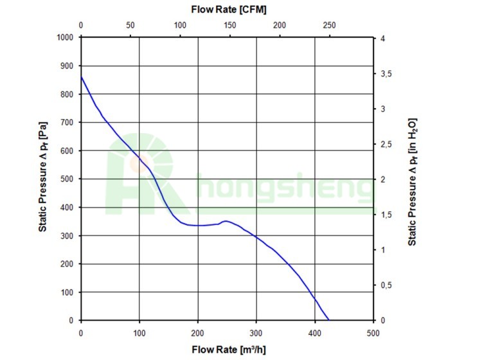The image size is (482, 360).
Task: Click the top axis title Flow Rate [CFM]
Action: pyautogui.click(x=229, y=10)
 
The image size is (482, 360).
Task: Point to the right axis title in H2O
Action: pyautogui.click(x=413, y=180)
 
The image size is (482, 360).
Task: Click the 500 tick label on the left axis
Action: pyautogui.click(x=67, y=179)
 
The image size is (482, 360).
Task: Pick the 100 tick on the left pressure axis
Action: pyautogui.click(x=67, y=292)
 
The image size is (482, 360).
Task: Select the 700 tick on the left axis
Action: pyautogui.click(x=67, y=122)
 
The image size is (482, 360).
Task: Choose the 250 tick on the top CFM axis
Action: pyautogui.click(x=328, y=26)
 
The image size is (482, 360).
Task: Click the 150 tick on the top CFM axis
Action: pyautogui.click(x=229, y=26)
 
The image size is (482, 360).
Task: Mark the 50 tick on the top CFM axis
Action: pyautogui.click(x=130, y=26)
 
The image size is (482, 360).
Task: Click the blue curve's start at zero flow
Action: pyautogui.click(x=81, y=77)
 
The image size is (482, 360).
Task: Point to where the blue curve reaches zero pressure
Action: pyautogui.click(x=329, y=319)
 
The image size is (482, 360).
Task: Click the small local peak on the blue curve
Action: pyautogui.click(x=225, y=221)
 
